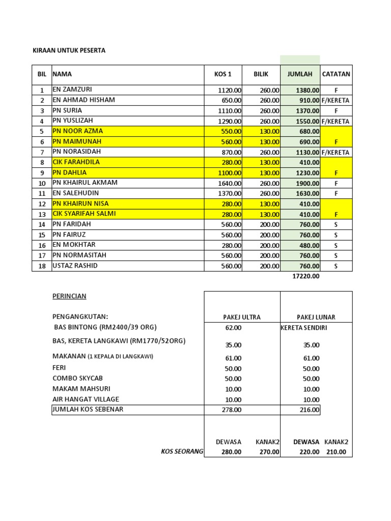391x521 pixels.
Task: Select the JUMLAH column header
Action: coord(300,74)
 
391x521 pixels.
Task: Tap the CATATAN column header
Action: coord(336,74)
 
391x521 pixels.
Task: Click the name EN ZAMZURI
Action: coord(73,90)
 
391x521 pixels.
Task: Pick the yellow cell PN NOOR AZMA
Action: coord(78,131)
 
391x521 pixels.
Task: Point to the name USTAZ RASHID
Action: coord(75,266)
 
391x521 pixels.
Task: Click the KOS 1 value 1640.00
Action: coord(230,183)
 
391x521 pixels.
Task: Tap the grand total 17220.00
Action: coord(305,276)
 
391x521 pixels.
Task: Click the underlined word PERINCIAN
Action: coord(70,296)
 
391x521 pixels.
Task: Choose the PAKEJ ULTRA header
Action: coord(242,317)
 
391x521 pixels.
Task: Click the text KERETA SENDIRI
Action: coord(304,328)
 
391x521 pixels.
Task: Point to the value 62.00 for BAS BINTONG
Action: coord(233,328)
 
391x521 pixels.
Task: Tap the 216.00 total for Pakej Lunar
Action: coord(309,410)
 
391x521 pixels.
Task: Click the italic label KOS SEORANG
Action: coord(182,451)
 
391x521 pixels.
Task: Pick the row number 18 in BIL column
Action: coord(42,266)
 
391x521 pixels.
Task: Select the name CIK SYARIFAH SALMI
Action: coord(84,214)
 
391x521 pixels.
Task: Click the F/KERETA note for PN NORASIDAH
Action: coord(336,152)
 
